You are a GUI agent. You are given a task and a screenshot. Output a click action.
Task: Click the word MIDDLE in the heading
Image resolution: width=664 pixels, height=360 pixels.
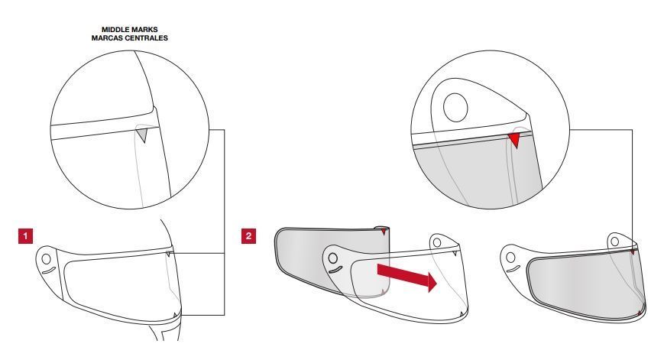(x=113, y=30)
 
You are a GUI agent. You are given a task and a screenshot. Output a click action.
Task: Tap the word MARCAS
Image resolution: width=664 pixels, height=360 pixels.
(x=106, y=38)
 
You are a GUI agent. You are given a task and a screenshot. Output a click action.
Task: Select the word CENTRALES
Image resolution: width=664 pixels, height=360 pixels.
(x=146, y=38)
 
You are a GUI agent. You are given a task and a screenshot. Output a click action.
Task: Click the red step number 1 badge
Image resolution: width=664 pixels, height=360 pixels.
(x=25, y=236)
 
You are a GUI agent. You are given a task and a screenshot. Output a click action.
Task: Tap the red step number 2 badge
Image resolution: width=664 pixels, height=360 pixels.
(x=248, y=236)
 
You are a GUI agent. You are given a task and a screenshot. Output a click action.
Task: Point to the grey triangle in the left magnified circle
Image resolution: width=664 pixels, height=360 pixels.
(x=143, y=135)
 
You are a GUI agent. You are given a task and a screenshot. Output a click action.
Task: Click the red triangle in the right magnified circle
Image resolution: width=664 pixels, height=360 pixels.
(x=514, y=140)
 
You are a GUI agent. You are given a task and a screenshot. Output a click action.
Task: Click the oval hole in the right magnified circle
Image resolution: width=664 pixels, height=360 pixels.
(x=455, y=107)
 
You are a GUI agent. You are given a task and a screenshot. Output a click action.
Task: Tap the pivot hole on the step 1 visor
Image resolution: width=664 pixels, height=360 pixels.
(x=46, y=259)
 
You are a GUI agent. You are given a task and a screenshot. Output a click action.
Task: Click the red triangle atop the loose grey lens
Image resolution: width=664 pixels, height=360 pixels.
(x=384, y=232)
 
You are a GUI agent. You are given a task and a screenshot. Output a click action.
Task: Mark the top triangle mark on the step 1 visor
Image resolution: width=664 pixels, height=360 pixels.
(x=168, y=254)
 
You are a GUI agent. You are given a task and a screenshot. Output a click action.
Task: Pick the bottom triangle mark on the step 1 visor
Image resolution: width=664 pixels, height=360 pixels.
(x=175, y=315)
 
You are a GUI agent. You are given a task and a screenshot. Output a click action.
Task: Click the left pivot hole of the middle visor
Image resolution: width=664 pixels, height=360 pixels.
(x=333, y=258)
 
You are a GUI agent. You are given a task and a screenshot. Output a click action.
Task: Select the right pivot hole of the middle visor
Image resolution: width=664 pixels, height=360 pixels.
(x=436, y=243)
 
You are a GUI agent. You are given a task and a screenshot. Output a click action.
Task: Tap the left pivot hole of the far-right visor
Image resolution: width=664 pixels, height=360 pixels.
(x=510, y=257)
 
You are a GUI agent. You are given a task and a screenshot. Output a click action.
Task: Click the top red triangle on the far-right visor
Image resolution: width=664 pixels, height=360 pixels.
(x=633, y=251)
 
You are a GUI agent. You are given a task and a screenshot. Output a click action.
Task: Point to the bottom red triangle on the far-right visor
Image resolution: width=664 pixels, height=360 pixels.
(x=640, y=313)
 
